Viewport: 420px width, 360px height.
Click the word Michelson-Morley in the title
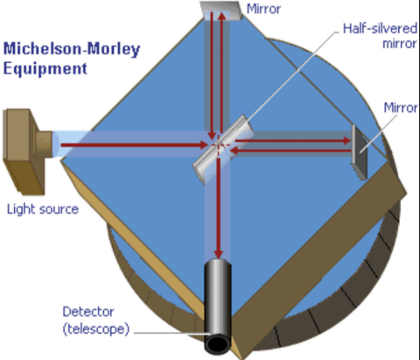click(x=72, y=49)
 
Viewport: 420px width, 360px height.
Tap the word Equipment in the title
click(x=45, y=68)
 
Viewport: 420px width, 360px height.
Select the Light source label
click(x=43, y=209)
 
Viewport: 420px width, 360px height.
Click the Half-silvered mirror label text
click(x=380, y=36)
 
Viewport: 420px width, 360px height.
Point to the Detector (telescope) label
click(x=95, y=321)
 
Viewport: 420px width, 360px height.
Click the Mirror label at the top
click(x=263, y=9)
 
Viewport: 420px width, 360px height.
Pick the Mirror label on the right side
click(x=401, y=108)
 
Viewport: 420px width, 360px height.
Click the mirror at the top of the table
click(x=221, y=11)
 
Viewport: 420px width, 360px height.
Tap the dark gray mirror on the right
click(x=359, y=152)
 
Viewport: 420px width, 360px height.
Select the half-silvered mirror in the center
click(x=223, y=149)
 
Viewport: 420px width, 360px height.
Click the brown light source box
click(x=24, y=152)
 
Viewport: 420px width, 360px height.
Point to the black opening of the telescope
click(x=218, y=343)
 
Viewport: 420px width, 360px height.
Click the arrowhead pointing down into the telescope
click(x=219, y=254)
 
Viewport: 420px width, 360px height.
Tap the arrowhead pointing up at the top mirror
click(x=222, y=16)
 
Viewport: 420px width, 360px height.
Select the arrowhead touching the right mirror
click(x=347, y=141)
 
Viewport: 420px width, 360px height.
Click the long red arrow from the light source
click(x=135, y=145)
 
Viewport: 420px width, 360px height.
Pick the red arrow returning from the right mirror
click(x=290, y=151)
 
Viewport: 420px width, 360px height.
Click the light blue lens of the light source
click(x=56, y=145)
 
